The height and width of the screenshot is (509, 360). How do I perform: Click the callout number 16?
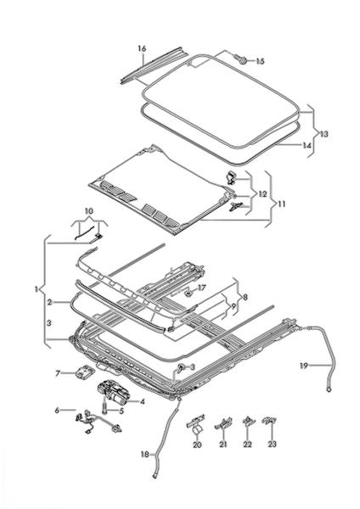[142, 48]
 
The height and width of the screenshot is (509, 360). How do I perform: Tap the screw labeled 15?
[241, 59]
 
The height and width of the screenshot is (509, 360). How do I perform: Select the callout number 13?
[323, 134]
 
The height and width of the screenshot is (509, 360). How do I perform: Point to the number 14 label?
[307, 145]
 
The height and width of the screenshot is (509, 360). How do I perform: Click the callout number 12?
[262, 194]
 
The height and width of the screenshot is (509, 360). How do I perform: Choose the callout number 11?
[282, 204]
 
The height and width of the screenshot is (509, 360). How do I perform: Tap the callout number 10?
[88, 211]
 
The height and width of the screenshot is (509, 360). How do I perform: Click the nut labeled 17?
[188, 294]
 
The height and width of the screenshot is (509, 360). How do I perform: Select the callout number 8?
[245, 297]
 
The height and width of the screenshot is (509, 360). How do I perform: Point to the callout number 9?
[233, 306]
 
